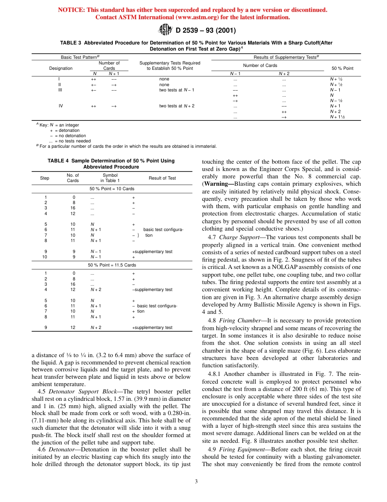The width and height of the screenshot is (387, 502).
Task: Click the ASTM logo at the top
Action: (165, 30)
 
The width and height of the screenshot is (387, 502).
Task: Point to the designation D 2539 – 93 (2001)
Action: (205, 30)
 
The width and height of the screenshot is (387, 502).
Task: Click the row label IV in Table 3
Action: (61, 106)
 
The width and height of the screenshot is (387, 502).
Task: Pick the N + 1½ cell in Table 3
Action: (337, 117)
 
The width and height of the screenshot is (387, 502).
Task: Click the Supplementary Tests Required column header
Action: (170, 66)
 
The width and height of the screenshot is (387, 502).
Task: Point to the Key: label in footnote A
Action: (44, 125)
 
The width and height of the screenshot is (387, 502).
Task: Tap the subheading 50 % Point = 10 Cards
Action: (112, 189)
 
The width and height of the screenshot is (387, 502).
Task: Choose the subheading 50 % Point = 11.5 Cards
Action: (112, 265)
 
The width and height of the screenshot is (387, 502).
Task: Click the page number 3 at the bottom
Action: (196, 481)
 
